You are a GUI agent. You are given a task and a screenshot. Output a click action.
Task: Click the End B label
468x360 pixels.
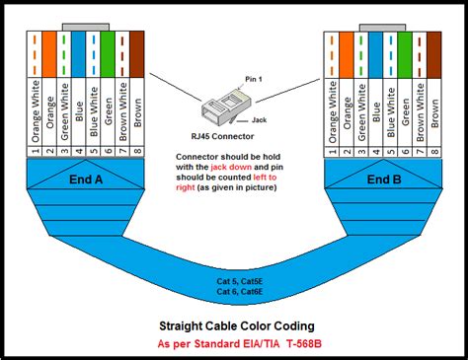[x=383, y=180]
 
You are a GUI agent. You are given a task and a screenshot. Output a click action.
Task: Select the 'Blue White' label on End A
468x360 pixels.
[x=94, y=108]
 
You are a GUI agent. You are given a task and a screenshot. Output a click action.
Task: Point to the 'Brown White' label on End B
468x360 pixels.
[x=420, y=108]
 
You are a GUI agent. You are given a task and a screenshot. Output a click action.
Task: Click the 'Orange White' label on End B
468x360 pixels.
[x=331, y=108]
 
